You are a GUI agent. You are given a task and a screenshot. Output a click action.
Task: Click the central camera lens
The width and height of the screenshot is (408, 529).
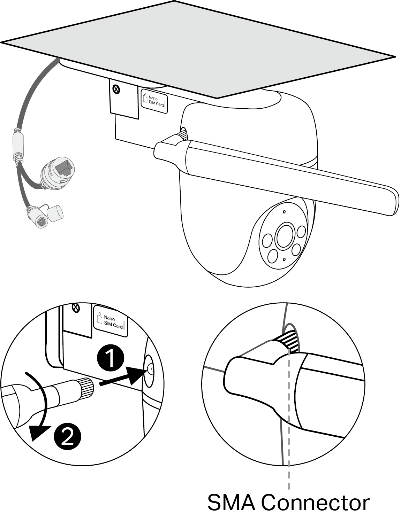285,236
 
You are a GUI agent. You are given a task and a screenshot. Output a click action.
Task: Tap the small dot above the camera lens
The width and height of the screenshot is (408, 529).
284,212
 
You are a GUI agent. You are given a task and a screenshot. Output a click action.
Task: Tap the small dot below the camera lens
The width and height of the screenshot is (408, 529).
284,260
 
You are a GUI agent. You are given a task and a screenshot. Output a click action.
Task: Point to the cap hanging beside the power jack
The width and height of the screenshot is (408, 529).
55,212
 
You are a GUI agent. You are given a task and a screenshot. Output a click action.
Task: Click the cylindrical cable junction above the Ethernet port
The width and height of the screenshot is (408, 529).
18,145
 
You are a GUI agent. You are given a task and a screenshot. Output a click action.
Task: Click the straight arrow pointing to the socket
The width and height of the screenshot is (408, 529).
122,378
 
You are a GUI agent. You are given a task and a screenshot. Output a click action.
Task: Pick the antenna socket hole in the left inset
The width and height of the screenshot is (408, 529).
150,368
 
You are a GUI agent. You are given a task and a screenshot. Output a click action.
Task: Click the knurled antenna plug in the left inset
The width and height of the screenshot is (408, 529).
86,388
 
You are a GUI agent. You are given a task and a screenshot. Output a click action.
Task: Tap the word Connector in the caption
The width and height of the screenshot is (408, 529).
315,503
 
